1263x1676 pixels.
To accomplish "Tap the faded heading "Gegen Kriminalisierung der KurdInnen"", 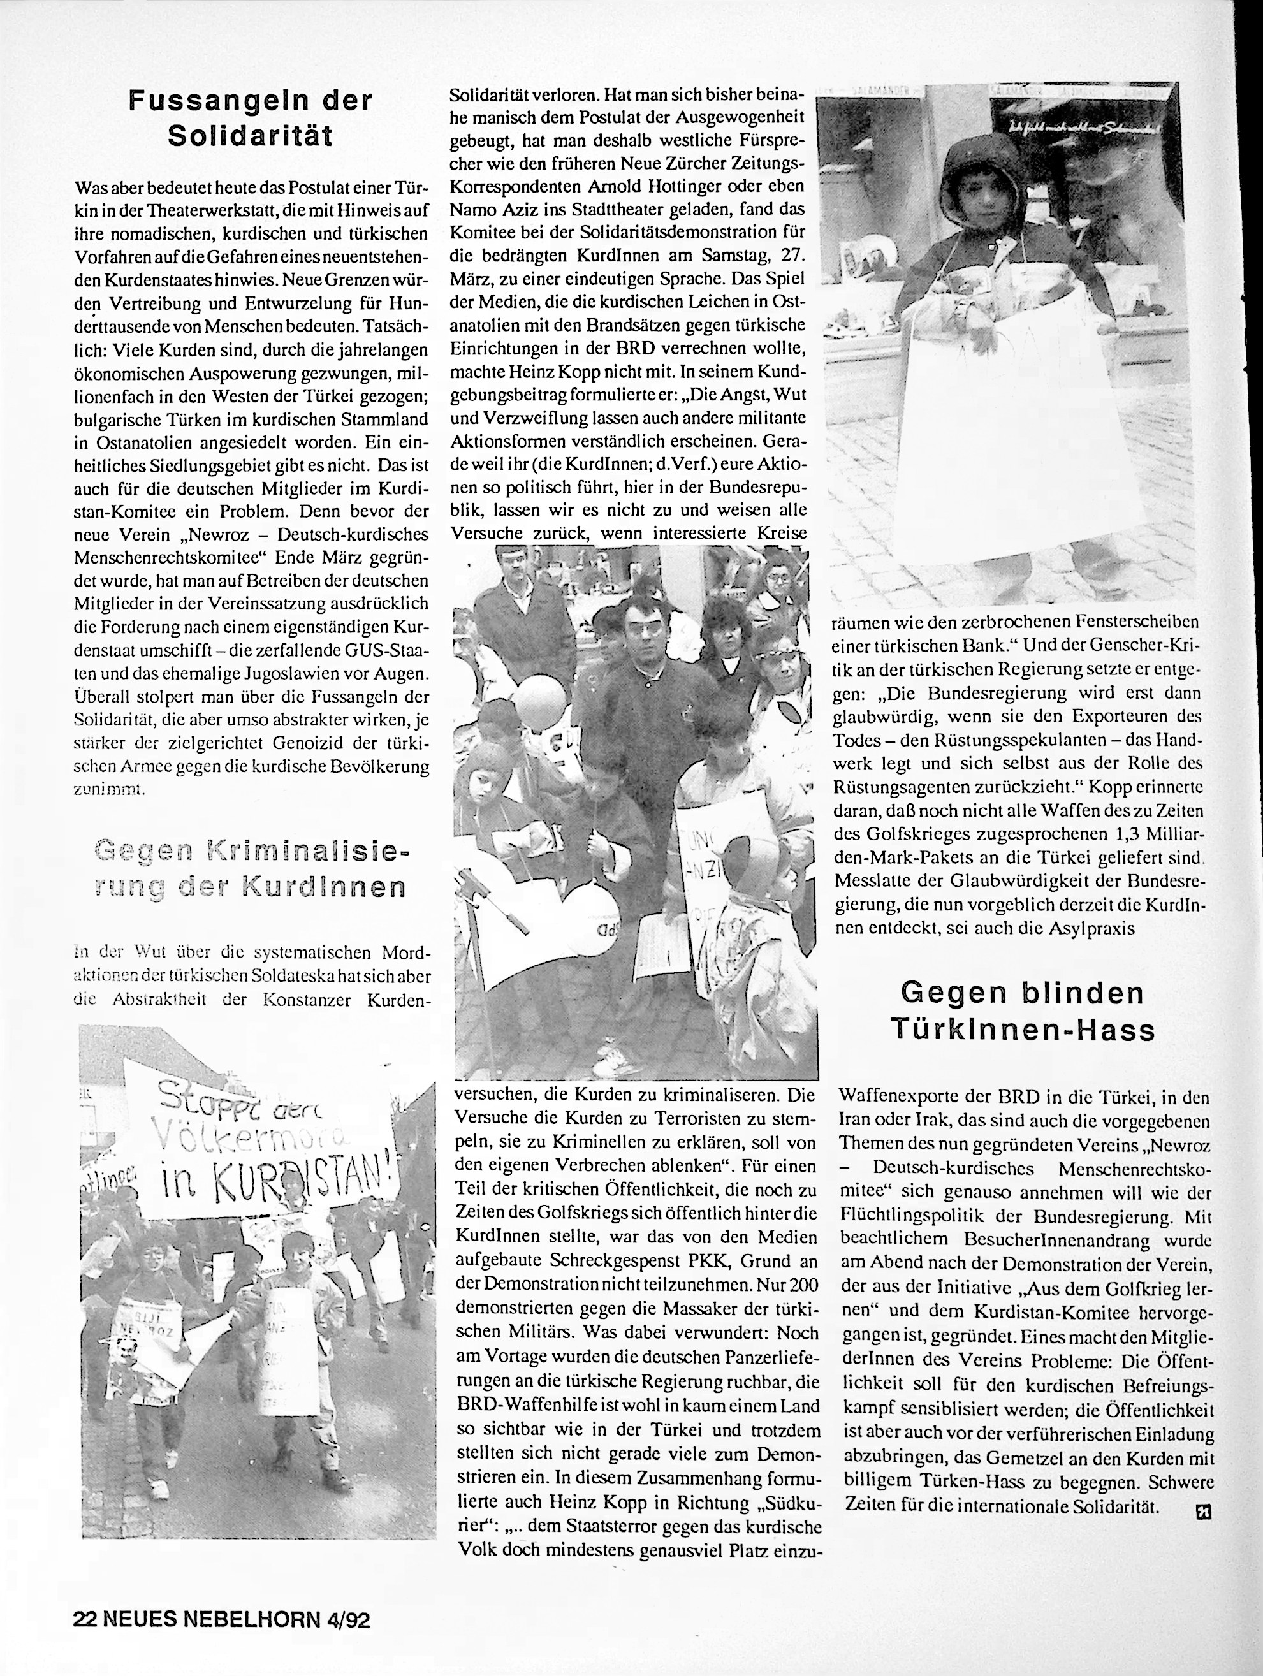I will tap(250, 869).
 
